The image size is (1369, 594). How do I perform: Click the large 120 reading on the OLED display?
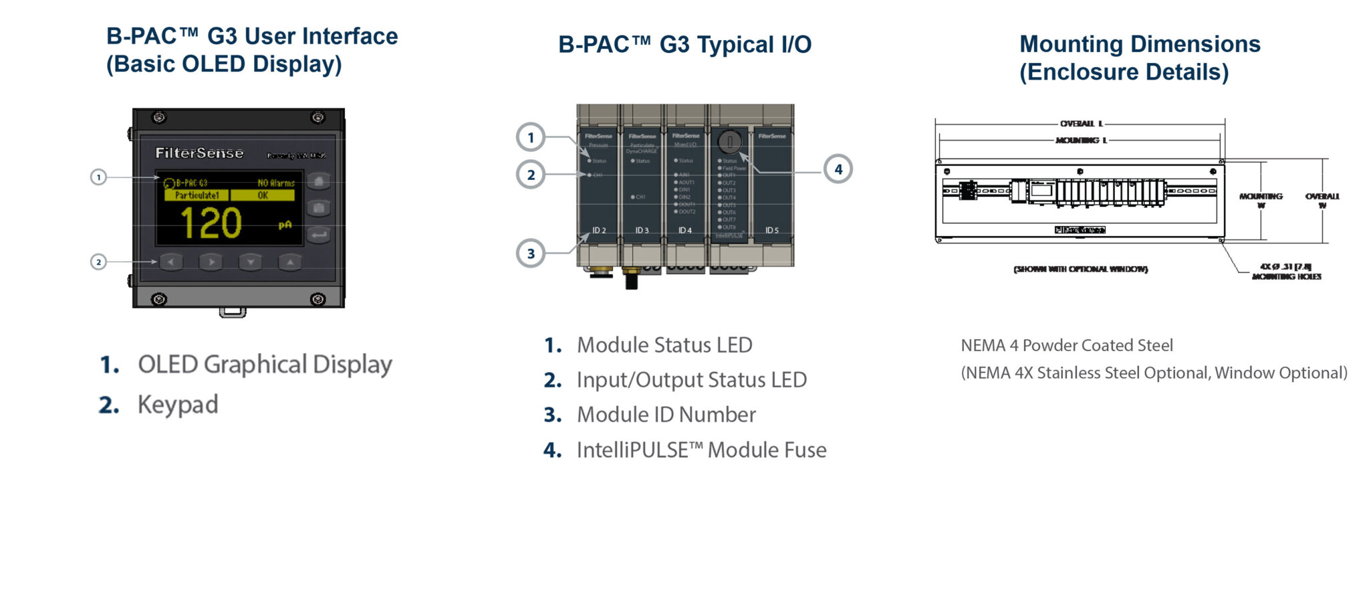pyautogui.click(x=211, y=223)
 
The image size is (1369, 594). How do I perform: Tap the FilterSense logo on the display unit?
pyautogui.click(x=199, y=153)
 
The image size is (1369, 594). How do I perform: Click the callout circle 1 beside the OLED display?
pyautogui.click(x=98, y=177)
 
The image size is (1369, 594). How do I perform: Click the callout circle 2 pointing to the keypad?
pyautogui.click(x=98, y=262)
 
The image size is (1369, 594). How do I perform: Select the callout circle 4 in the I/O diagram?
pyautogui.click(x=838, y=169)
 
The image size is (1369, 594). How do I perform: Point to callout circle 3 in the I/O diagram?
pyautogui.click(x=531, y=254)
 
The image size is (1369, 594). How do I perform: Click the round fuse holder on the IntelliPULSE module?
pyautogui.click(x=730, y=142)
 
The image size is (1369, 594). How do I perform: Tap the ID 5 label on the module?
pyautogui.click(x=772, y=230)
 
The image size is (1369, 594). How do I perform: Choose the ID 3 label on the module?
pyautogui.click(x=642, y=230)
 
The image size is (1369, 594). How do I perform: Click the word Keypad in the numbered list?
pyautogui.click(x=178, y=405)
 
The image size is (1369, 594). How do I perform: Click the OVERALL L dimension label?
pyautogui.click(x=1081, y=124)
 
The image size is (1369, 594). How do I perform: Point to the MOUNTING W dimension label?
pyautogui.click(x=1261, y=200)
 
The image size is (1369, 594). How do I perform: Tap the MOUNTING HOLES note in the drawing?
pyautogui.click(x=1286, y=276)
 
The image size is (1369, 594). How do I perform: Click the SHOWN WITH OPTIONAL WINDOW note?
pyautogui.click(x=1080, y=269)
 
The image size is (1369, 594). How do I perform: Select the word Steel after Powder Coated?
pyautogui.click(x=1155, y=345)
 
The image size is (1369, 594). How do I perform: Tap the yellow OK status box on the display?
pyautogui.click(x=263, y=195)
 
